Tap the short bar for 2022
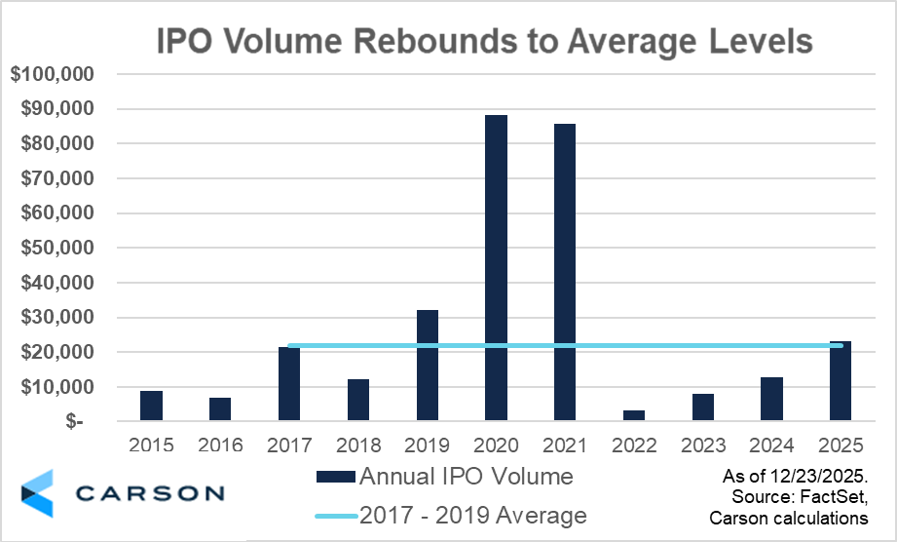pyautogui.click(x=633, y=415)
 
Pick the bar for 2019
pyautogui.click(x=428, y=366)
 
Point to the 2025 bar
pyautogui.click(x=841, y=381)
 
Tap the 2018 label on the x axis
pyautogui.click(x=357, y=445)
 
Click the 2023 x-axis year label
pyautogui.click(x=702, y=445)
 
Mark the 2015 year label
pyautogui.click(x=151, y=445)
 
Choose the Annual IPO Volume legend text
pyautogui.click(x=466, y=477)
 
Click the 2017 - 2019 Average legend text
pyautogui.click(x=473, y=515)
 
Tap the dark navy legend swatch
pyautogui.click(x=335, y=478)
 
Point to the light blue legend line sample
pyautogui.click(x=335, y=516)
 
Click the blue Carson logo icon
pyautogui.click(x=37, y=491)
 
